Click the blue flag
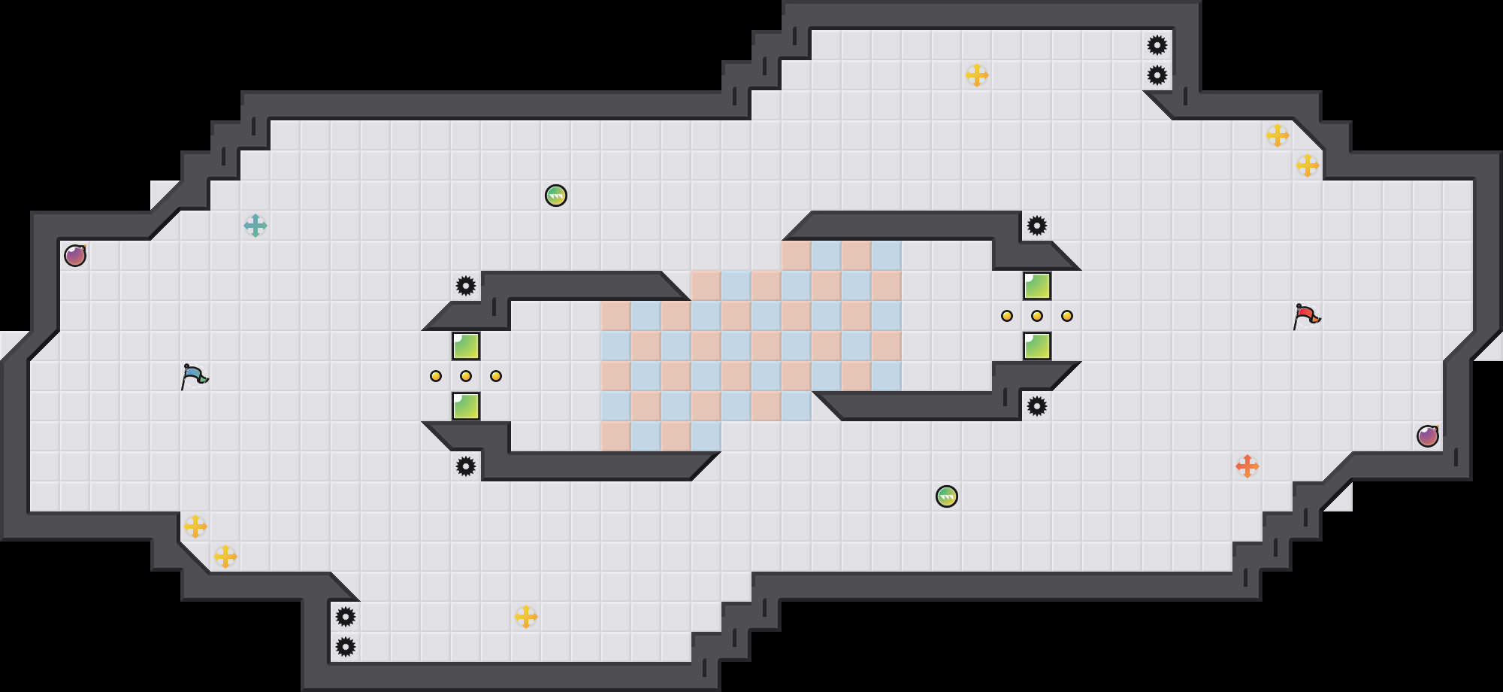194,375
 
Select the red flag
1306,315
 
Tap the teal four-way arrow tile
256,226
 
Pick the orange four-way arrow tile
1247,466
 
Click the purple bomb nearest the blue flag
75,256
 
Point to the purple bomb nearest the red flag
1428,436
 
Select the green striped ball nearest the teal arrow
556,196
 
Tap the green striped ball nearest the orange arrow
947,496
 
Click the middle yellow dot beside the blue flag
466,376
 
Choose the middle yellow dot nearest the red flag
1037,316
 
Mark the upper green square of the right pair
1037,286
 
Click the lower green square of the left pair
466,406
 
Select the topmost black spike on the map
1157,45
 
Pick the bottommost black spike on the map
346,647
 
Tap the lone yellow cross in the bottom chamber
526,617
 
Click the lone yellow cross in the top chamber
977,75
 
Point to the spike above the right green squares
1037,226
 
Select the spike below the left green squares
466,466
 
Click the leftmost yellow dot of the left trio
436,376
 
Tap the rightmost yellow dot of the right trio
1067,316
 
